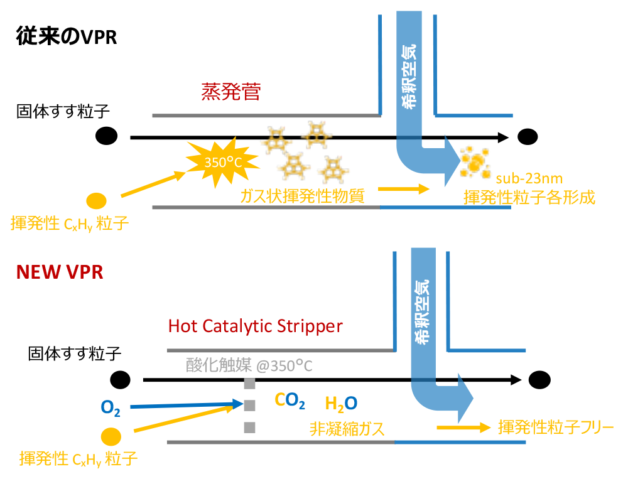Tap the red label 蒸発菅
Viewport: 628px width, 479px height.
230,93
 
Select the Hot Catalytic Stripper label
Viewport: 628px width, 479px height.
256,326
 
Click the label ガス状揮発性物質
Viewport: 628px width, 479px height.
301,196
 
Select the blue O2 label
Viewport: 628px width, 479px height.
111,409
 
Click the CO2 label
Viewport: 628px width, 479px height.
290,401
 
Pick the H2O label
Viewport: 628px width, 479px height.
342,403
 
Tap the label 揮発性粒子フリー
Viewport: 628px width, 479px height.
555,428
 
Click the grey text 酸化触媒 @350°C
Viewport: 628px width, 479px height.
249,365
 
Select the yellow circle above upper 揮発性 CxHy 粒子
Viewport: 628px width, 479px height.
96,201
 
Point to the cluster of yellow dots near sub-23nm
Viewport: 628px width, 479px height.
475,162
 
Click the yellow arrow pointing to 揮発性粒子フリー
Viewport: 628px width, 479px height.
463,428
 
